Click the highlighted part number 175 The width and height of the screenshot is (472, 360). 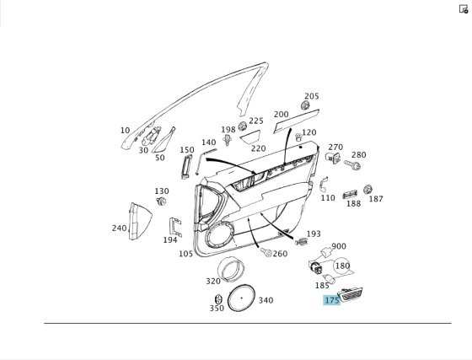click(x=332, y=300)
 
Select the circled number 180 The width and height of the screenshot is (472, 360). click(x=342, y=266)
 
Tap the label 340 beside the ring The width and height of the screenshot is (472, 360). click(x=266, y=300)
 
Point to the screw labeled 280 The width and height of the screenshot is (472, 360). click(x=352, y=164)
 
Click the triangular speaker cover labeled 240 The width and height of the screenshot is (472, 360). click(x=140, y=221)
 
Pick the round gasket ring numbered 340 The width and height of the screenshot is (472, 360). click(x=241, y=298)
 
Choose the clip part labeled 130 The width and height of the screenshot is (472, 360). click(x=161, y=201)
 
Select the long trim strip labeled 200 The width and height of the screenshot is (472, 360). click(x=296, y=121)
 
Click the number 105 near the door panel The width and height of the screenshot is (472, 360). click(x=185, y=254)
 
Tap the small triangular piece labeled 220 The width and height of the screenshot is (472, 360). click(x=250, y=137)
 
